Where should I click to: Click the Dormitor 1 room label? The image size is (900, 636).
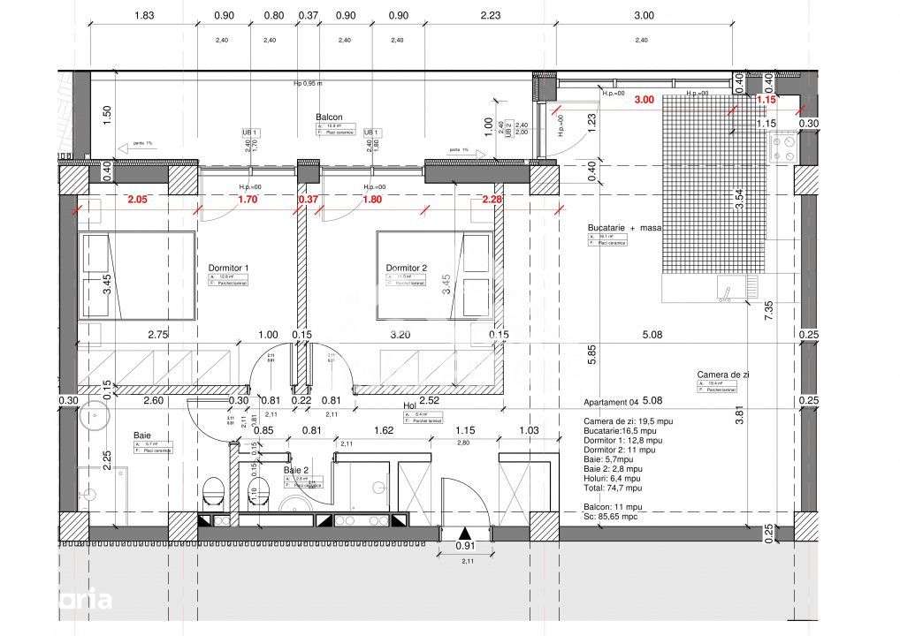click(x=228, y=268)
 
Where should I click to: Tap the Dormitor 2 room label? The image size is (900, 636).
click(x=406, y=268)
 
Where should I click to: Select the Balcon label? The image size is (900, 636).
click(x=329, y=117)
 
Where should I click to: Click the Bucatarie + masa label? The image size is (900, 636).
click(x=624, y=227)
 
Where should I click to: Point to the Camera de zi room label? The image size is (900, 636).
click(x=722, y=375)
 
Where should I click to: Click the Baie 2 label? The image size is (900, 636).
click(x=296, y=471)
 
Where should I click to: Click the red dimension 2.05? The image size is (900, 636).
click(x=136, y=200)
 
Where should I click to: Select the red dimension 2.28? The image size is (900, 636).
click(x=492, y=200)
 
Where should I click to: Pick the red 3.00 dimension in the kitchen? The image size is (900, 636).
click(x=644, y=100)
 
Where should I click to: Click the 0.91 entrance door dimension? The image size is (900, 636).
click(x=465, y=546)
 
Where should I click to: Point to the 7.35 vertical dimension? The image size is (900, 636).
click(x=768, y=308)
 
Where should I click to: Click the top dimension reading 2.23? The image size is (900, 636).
click(x=489, y=15)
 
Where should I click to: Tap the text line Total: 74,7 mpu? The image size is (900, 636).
click(x=613, y=487)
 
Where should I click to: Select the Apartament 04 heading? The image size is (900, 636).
click(x=611, y=401)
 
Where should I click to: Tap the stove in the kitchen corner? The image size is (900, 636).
click(x=782, y=148)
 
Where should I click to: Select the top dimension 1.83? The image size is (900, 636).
click(x=144, y=15)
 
